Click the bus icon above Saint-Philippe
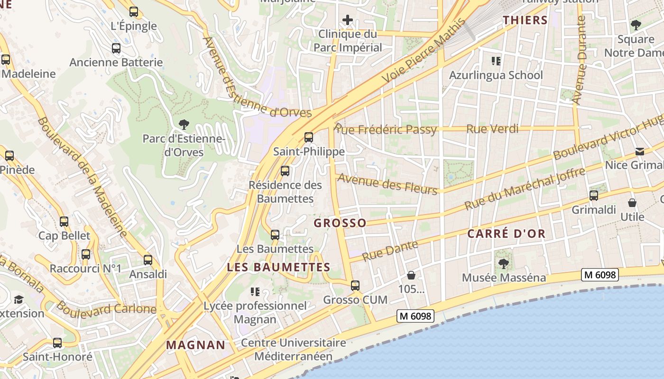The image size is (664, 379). coord(309,137)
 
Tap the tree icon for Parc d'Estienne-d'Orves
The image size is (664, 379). coord(184,125)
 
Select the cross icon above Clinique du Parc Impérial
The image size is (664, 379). coord(348,20)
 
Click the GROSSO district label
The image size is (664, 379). coord(340,223)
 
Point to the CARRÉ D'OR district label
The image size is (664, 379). coord(507,234)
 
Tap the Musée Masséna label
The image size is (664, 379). coord(504,278)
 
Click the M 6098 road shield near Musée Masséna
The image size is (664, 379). coord(600,275)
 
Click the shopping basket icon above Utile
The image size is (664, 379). coord(632,203)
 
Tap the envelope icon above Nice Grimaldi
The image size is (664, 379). coord(640,152)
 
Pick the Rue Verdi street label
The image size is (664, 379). coord(492,129)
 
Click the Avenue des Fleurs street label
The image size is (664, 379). coord(387,184)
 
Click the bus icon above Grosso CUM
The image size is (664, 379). coord(355,286)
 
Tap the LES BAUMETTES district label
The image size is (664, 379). coord(278,267)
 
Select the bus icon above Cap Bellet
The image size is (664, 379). coord(64,221)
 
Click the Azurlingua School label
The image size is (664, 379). coord(496,75)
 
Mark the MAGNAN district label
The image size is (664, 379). coord(195,345)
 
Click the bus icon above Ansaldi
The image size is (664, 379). coord(148,260)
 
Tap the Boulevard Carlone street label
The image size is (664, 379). coord(107,308)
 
